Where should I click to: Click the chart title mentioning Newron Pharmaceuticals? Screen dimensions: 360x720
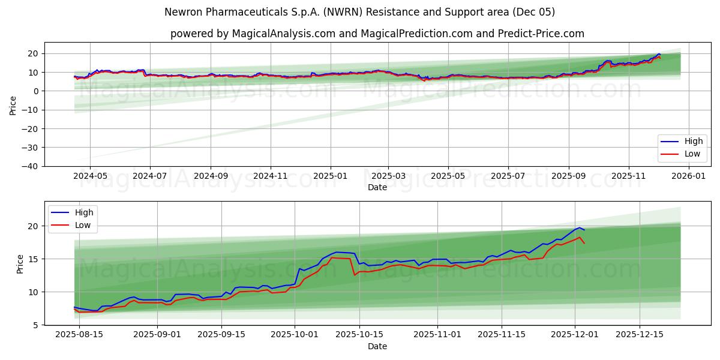[359, 12]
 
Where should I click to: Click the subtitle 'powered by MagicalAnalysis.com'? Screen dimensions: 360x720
[377, 34]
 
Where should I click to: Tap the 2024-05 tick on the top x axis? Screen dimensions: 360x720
[90, 176]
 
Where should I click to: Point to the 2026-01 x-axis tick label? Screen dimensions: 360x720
[688, 176]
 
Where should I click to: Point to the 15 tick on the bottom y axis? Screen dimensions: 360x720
[34, 259]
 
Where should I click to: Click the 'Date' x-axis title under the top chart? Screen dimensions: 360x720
[377, 187]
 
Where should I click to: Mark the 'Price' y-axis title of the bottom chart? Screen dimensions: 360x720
[20, 263]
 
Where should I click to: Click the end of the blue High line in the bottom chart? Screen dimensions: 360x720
[584, 230]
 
